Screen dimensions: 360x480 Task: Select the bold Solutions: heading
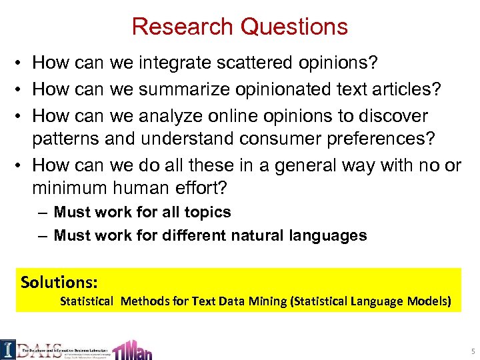click(59, 282)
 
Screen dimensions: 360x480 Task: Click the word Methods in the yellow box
click(145, 301)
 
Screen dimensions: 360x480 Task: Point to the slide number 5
click(471, 351)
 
